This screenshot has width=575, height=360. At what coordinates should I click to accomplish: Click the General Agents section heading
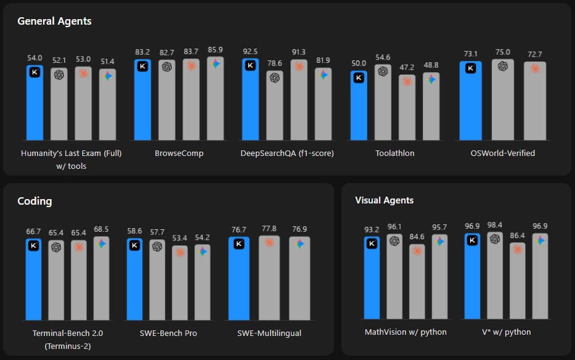pyautogui.click(x=54, y=21)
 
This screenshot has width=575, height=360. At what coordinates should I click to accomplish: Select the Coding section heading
pyautogui.click(x=35, y=201)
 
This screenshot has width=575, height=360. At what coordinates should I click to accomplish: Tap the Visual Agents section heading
pyautogui.click(x=384, y=200)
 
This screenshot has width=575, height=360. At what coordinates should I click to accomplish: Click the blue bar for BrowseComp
pyautogui.click(x=142, y=102)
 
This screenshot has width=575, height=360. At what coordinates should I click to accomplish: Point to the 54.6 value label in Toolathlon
pyautogui.click(x=383, y=57)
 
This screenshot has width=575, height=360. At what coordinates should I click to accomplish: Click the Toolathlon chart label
pyautogui.click(x=394, y=153)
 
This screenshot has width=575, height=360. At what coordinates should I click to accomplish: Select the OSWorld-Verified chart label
pyautogui.click(x=502, y=153)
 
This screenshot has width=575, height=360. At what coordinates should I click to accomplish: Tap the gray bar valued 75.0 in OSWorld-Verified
pyautogui.click(x=502, y=102)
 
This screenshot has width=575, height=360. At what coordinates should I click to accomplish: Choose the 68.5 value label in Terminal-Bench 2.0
pyautogui.click(x=101, y=229)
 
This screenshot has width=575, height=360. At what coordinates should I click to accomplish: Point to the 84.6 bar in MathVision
pyautogui.click(x=417, y=284)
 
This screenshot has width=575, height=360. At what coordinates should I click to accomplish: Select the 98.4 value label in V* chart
pyautogui.click(x=495, y=225)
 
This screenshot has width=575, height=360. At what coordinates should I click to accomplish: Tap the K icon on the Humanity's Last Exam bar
pyautogui.click(x=35, y=72)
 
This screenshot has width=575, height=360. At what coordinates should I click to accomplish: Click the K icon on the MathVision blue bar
pyautogui.click(x=372, y=243)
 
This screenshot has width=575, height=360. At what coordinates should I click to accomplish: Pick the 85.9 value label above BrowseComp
pyautogui.click(x=215, y=49)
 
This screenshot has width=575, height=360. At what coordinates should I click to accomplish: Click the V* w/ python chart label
pyautogui.click(x=506, y=332)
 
